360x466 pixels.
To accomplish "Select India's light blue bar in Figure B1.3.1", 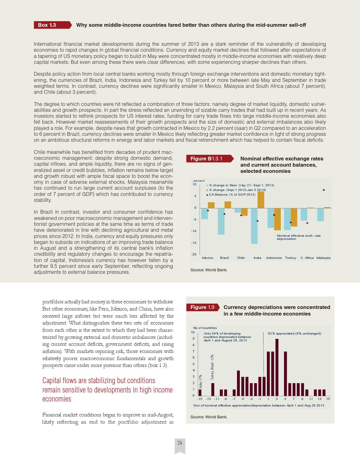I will [x=254, y=226].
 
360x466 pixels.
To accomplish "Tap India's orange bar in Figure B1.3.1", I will [x=261, y=200].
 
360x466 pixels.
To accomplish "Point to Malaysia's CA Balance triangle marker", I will [x=324, y=189].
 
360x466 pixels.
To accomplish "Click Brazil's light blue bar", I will [x=221, y=221].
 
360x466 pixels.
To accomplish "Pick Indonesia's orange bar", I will [x=277, y=219].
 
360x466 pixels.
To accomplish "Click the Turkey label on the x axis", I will [x=291, y=258].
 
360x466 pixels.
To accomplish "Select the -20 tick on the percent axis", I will [x=194, y=254].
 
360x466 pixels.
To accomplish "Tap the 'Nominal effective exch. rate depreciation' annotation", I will [x=298, y=237].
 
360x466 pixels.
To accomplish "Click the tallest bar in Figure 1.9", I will [x=277, y=367].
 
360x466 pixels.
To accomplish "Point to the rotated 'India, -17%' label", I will [x=201, y=381].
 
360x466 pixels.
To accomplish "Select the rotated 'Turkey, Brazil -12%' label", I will [x=212, y=367].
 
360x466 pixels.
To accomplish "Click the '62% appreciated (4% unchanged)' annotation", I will [x=294, y=333].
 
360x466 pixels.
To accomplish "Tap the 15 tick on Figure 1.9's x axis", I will [x=328, y=399].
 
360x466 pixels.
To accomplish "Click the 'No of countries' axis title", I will [x=205, y=328].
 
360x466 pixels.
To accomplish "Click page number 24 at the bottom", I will [x=180, y=443].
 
